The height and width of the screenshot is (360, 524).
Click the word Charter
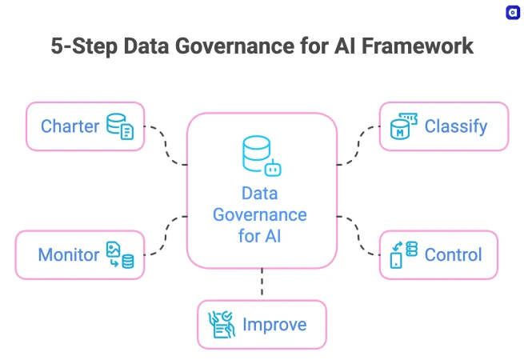point(70,126)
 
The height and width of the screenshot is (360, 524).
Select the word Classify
point(455,126)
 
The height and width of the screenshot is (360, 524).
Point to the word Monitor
point(69,255)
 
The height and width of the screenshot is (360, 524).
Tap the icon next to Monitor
point(120,255)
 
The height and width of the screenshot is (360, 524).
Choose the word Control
point(453,255)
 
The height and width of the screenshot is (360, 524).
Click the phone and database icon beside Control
point(403,255)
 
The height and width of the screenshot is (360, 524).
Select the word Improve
point(274,325)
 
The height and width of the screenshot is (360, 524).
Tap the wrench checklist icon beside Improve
point(222,325)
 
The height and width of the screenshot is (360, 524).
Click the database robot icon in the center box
point(262,157)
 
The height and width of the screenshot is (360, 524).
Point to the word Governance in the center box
point(262,215)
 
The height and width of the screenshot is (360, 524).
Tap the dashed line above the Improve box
point(262,284)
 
